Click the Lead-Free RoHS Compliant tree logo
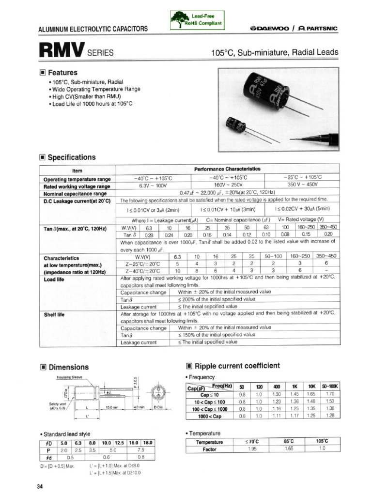pyautogui.click(x=178, y=19)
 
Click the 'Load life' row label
pyautogui.click(x=54, y=279)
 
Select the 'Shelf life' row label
pyautogui.click(x=54, y=314)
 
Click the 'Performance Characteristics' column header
pyautogui.click(x=227, y=169)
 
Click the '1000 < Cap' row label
pyautogui.click(x=210, y=416)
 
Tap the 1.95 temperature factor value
pyautogui.click(x=252, y=449)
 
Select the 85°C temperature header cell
pyautogui.click(x=288, y=442)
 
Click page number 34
pyautogui.click(x=40, y=486)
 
